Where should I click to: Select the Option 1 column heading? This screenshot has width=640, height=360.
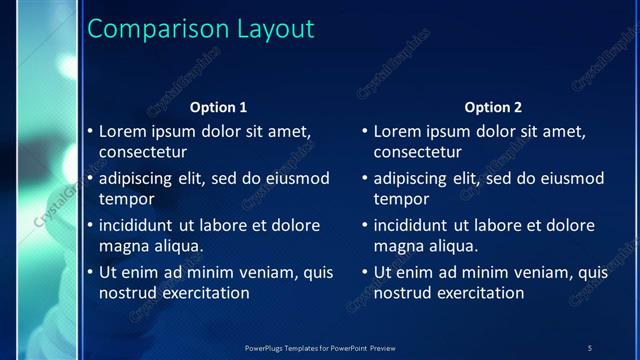218,107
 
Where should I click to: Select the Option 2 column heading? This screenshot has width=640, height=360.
493,107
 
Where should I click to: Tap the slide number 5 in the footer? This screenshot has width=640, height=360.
589,347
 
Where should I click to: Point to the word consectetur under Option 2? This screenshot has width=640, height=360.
418,153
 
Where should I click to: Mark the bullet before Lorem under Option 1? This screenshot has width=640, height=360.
90,131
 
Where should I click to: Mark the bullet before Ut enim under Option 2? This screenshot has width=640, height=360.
365,272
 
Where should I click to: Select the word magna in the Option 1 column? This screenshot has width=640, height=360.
123,246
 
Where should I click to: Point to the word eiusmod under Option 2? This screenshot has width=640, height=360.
572,178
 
